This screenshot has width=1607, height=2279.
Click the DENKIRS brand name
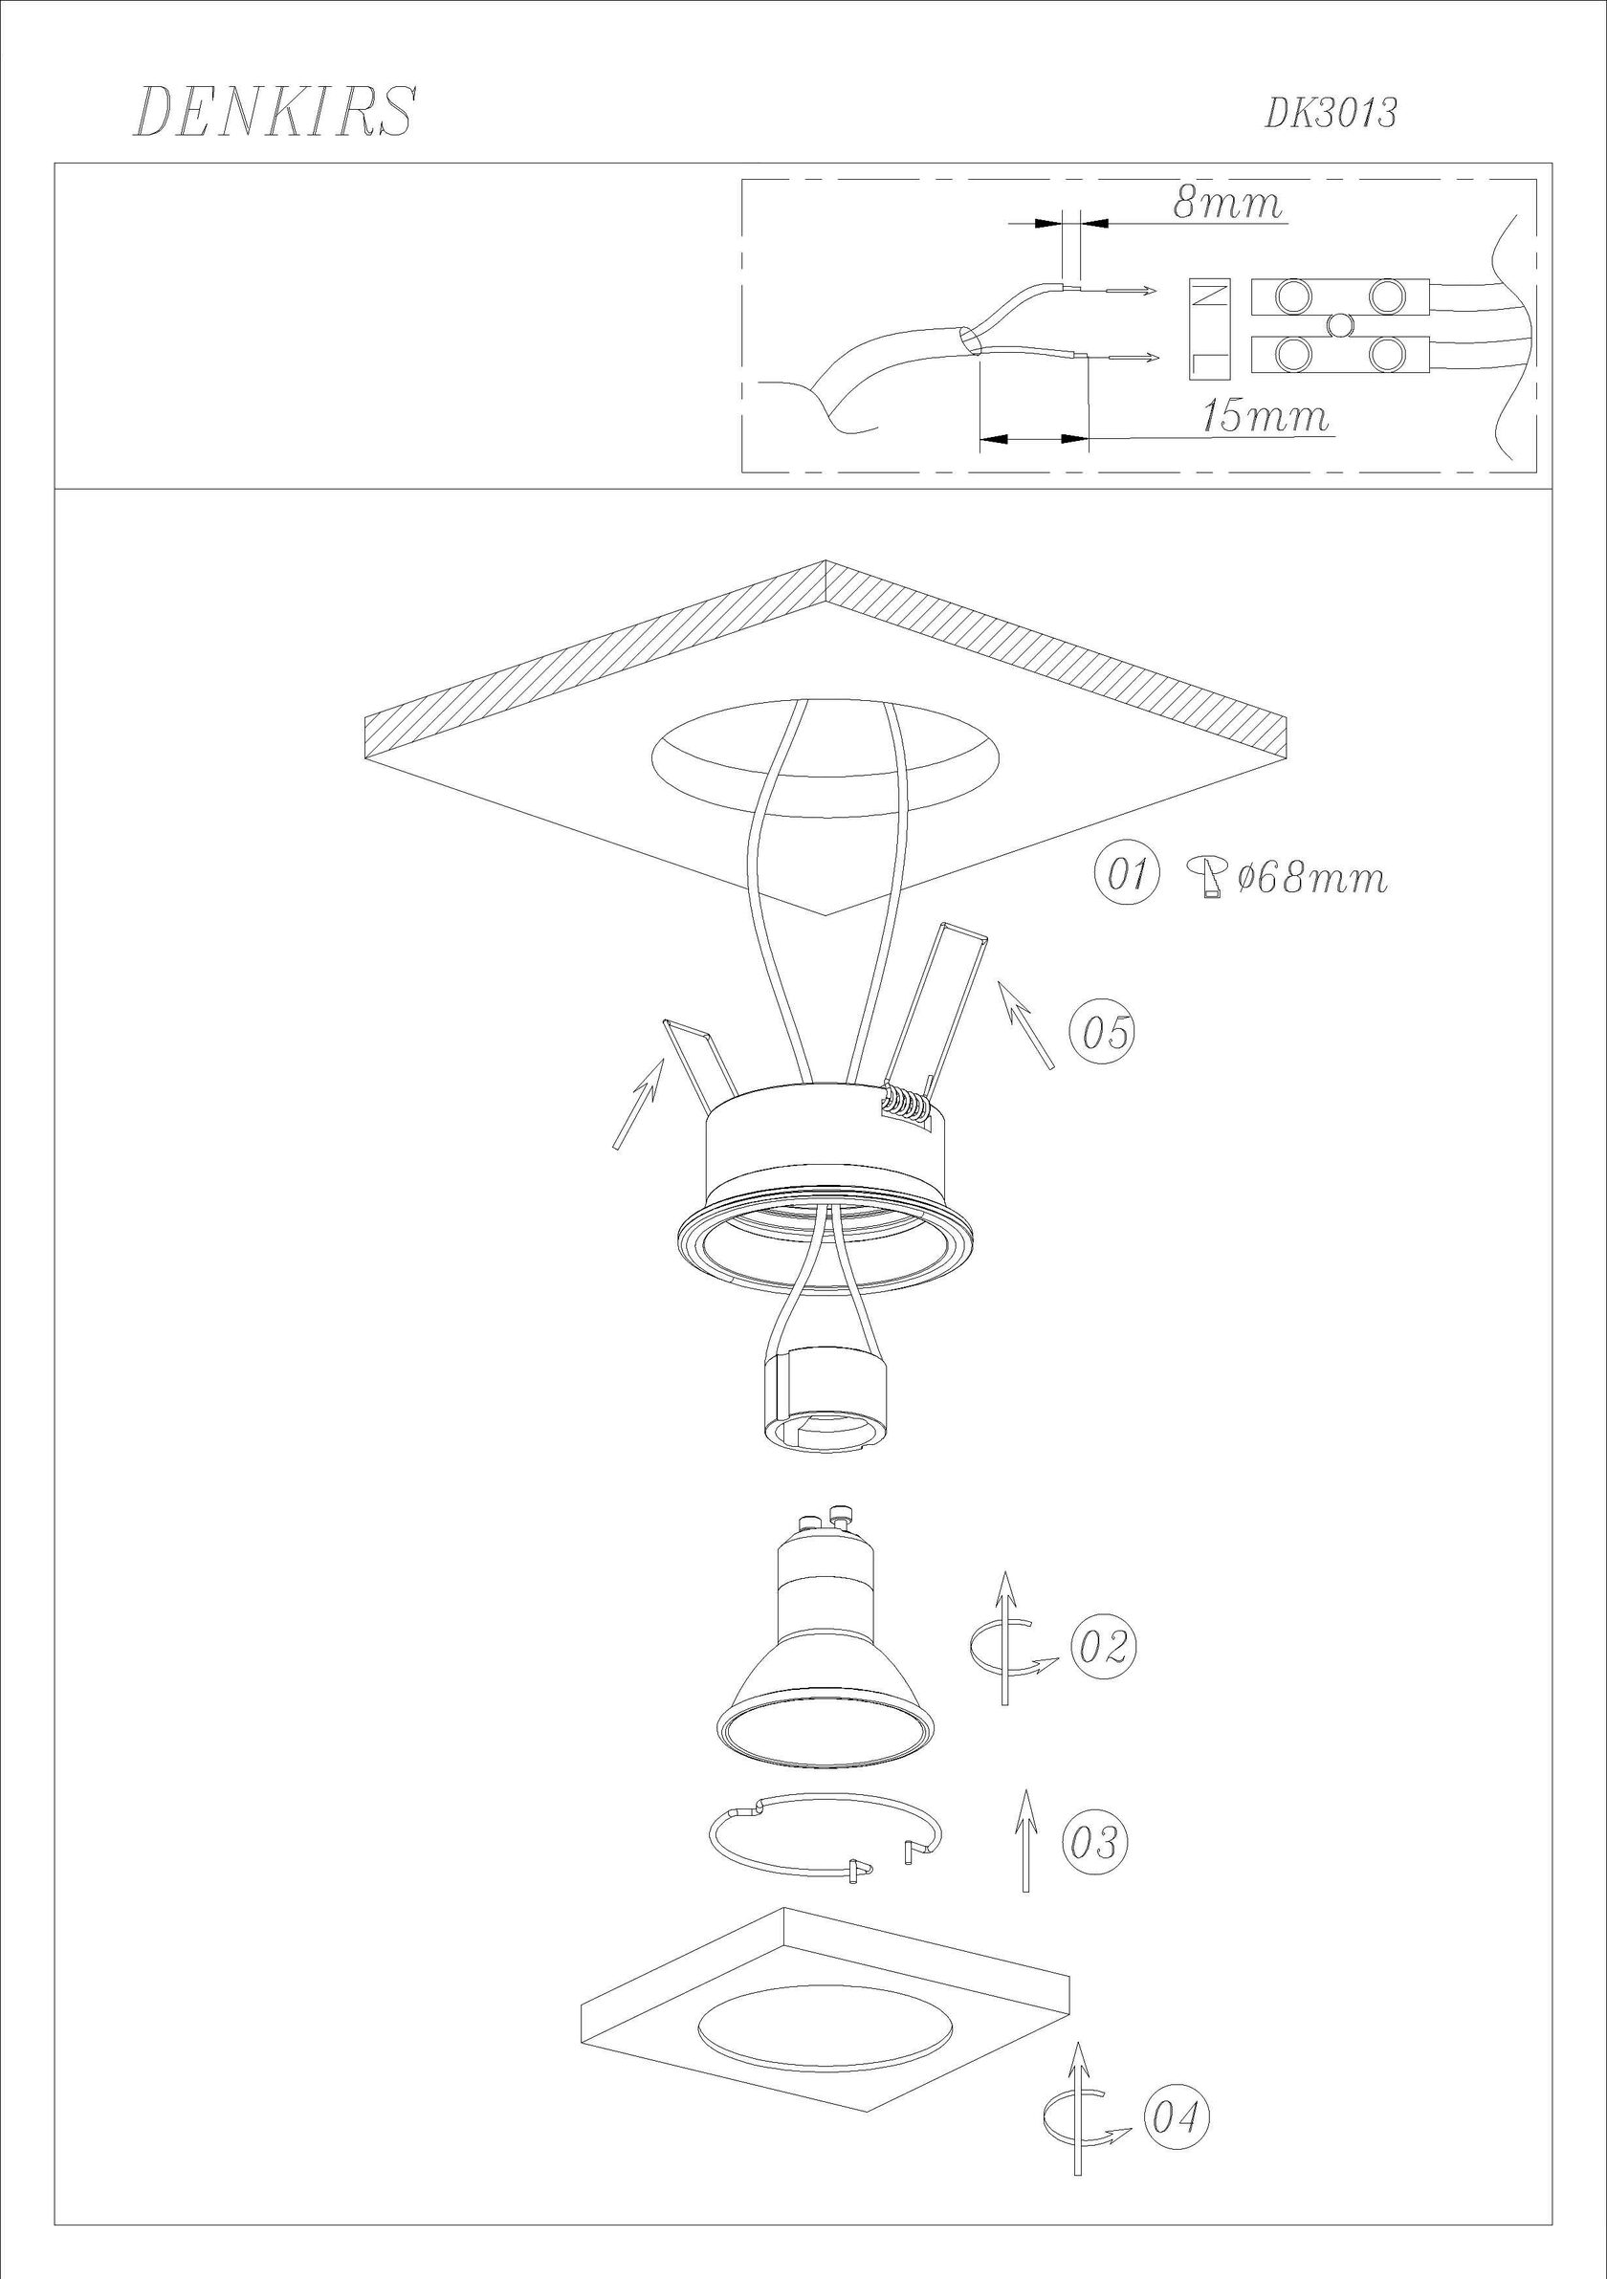274,111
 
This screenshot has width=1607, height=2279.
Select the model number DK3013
1330,114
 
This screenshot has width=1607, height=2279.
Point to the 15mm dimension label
1265,416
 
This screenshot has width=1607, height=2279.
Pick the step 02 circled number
1104,1647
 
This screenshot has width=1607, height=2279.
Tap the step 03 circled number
1096,1842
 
